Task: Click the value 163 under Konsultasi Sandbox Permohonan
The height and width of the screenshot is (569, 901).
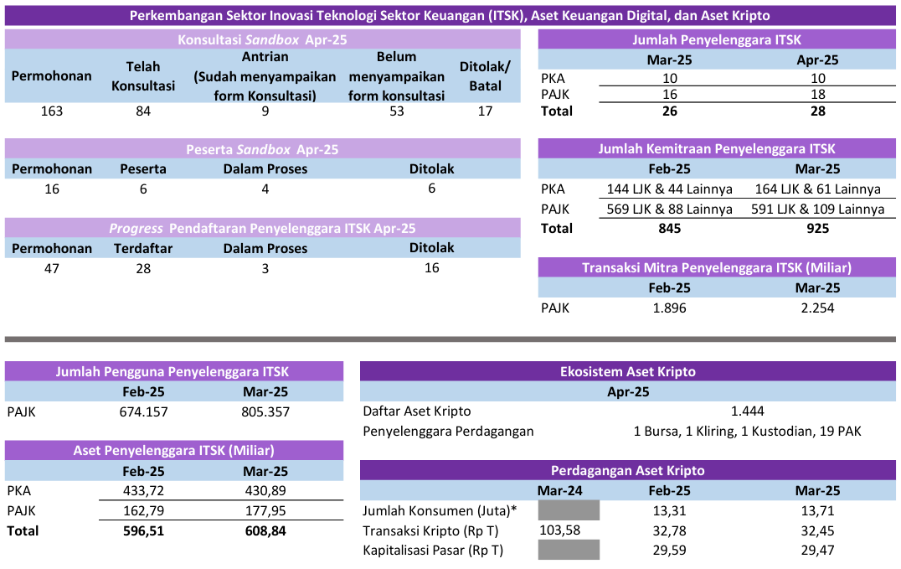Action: (x=52, y=111)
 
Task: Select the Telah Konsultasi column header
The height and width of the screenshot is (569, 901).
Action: (x=143, y=75)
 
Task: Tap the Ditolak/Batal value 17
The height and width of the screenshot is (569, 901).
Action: (x=485, y=111)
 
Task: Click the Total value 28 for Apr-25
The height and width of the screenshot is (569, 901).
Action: (x=817, y=111)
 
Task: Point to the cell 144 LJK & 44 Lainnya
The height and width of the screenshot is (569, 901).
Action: (x=667, y=189)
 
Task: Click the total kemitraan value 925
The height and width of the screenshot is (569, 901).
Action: (x=817, y=229)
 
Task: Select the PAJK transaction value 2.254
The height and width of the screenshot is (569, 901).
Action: (x=817, y=308)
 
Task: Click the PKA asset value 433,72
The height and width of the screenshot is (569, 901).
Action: (x=144, y=491)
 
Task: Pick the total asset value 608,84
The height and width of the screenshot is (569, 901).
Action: (x=265, y=530)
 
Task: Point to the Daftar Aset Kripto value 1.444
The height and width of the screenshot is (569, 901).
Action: (x=747, y=411)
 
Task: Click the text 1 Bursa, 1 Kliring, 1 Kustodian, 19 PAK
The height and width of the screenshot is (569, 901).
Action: (x=747, y=432)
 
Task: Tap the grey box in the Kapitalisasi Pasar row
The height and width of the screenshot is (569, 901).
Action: (x=568, y=551)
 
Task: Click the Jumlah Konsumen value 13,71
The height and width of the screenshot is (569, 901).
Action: (x=817, y=510)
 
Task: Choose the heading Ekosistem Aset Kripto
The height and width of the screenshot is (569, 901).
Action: (x=627, y=372)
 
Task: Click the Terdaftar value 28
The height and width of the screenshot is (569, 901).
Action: (x=143, y=268)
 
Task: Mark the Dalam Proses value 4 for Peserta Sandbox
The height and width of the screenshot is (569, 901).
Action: (x=265, y=189)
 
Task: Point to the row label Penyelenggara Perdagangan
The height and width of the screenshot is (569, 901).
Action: (x=448, y=432)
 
